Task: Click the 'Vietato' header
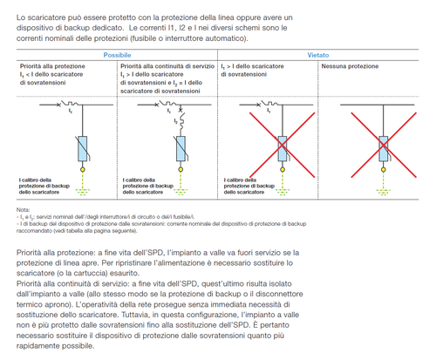click(x=317, y=54)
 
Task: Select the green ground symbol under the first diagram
click(x=80, y=192)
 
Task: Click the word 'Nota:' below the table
click(x=23, y=209)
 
